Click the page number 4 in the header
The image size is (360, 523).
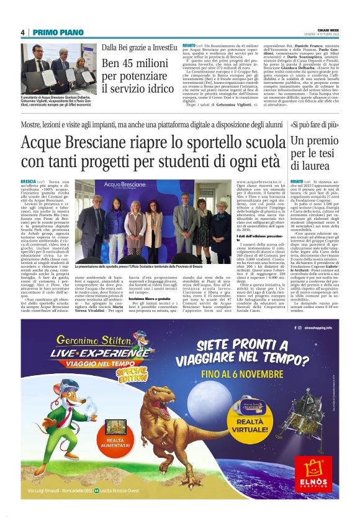[22, 32]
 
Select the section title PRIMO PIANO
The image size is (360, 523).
[52, 32]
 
